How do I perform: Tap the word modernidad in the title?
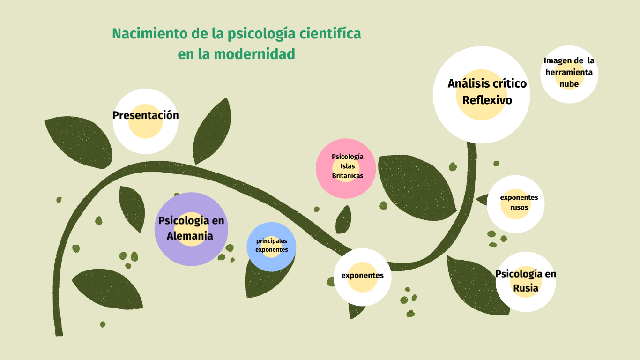[254, 54]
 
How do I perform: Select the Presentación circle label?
[146, 115]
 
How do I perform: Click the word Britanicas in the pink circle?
[348, 176]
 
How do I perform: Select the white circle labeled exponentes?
[362, 276]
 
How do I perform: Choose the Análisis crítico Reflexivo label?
[487, 91]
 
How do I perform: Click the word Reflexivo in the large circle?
[487, 100]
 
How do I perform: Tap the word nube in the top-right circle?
[569, 84]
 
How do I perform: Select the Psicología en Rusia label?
[526, 281]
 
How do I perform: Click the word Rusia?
[526, 288]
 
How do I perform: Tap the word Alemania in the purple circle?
[190, 236]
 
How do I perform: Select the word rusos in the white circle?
[519, 207]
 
